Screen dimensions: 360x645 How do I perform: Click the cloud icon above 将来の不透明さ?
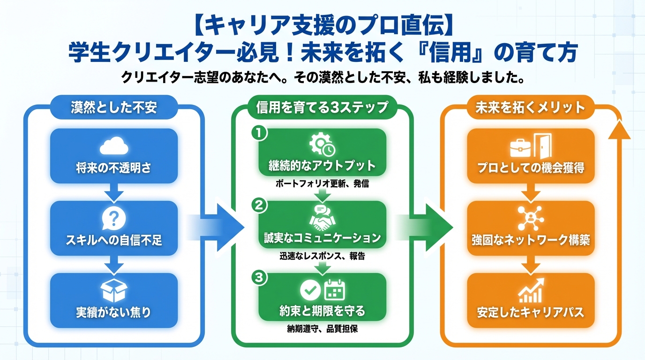113,146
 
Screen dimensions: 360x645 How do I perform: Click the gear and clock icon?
322,145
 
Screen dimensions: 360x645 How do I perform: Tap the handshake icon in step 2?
322,217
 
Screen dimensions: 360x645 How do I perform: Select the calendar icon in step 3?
334,290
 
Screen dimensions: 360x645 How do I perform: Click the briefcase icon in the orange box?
520,148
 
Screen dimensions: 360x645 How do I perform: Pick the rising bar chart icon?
531,291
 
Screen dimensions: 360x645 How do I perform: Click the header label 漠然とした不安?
114,107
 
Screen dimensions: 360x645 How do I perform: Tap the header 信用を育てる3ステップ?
322,107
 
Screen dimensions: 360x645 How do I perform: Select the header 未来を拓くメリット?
530,107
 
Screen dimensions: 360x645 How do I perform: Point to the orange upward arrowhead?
619,130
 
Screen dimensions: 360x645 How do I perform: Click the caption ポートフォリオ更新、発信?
322,184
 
